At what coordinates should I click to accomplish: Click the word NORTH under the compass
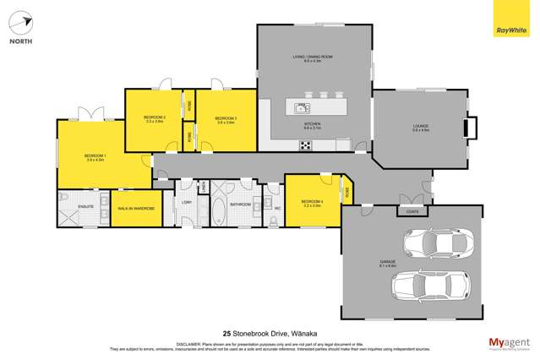(22, 40)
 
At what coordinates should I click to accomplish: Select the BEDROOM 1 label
(94, 156)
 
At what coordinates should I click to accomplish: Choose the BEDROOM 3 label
(224, 118)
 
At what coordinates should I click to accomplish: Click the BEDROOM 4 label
(312, 201)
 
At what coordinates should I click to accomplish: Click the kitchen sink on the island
(302, 107)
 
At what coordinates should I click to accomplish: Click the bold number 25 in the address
(226, 333)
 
